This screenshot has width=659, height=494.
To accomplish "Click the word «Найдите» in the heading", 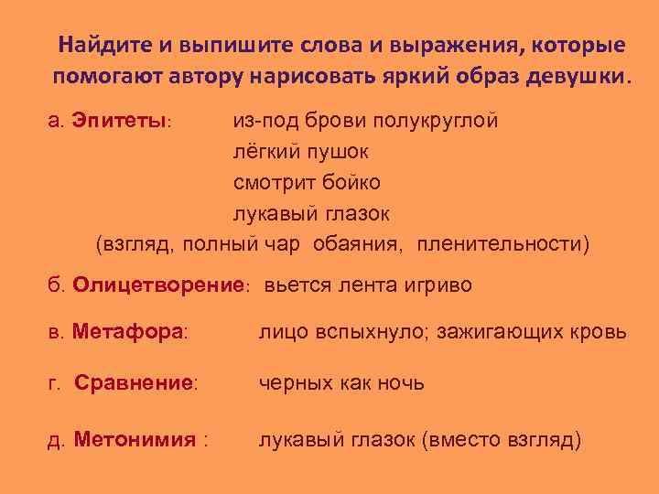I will pyautogui.click(x=99, y=45).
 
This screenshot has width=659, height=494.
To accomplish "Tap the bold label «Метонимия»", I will pyautogui.click(x=135, y=440).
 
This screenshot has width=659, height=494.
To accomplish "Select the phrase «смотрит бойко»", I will pyautogui.click(x=306, y=183).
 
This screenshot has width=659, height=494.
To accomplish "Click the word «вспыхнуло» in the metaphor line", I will pyautogui.click(x=357, y=332).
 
